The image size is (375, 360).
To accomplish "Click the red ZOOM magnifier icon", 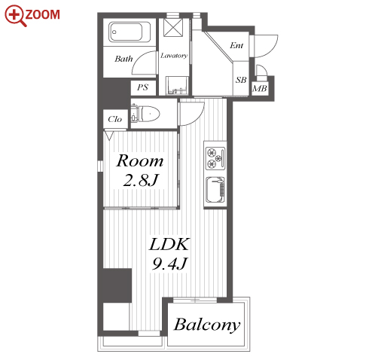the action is [15, 16].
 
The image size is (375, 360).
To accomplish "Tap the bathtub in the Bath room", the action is [130, 32].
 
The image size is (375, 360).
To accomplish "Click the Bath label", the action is [123, 59].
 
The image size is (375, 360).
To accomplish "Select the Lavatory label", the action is [174, 56].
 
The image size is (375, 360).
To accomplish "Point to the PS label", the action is [142, 87].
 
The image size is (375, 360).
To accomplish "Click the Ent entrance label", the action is [236, 45].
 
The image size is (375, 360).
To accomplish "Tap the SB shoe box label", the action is [241, 80].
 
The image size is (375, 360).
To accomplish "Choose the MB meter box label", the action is [260, 88].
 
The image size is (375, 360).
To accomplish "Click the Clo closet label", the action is [114, 119].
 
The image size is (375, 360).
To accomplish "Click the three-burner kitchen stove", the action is [215, 158].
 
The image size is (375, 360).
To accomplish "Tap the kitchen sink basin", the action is [215, 189].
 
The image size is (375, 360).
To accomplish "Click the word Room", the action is [140, 160].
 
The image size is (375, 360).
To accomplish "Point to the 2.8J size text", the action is [141, 180].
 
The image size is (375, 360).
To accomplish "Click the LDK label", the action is [169, 244].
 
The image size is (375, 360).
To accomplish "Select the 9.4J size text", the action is [169, 264].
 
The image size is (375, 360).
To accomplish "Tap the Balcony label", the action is [207, 325].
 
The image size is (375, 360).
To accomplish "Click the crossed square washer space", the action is [173, 28].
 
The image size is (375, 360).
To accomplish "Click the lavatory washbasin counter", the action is [177, 86].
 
